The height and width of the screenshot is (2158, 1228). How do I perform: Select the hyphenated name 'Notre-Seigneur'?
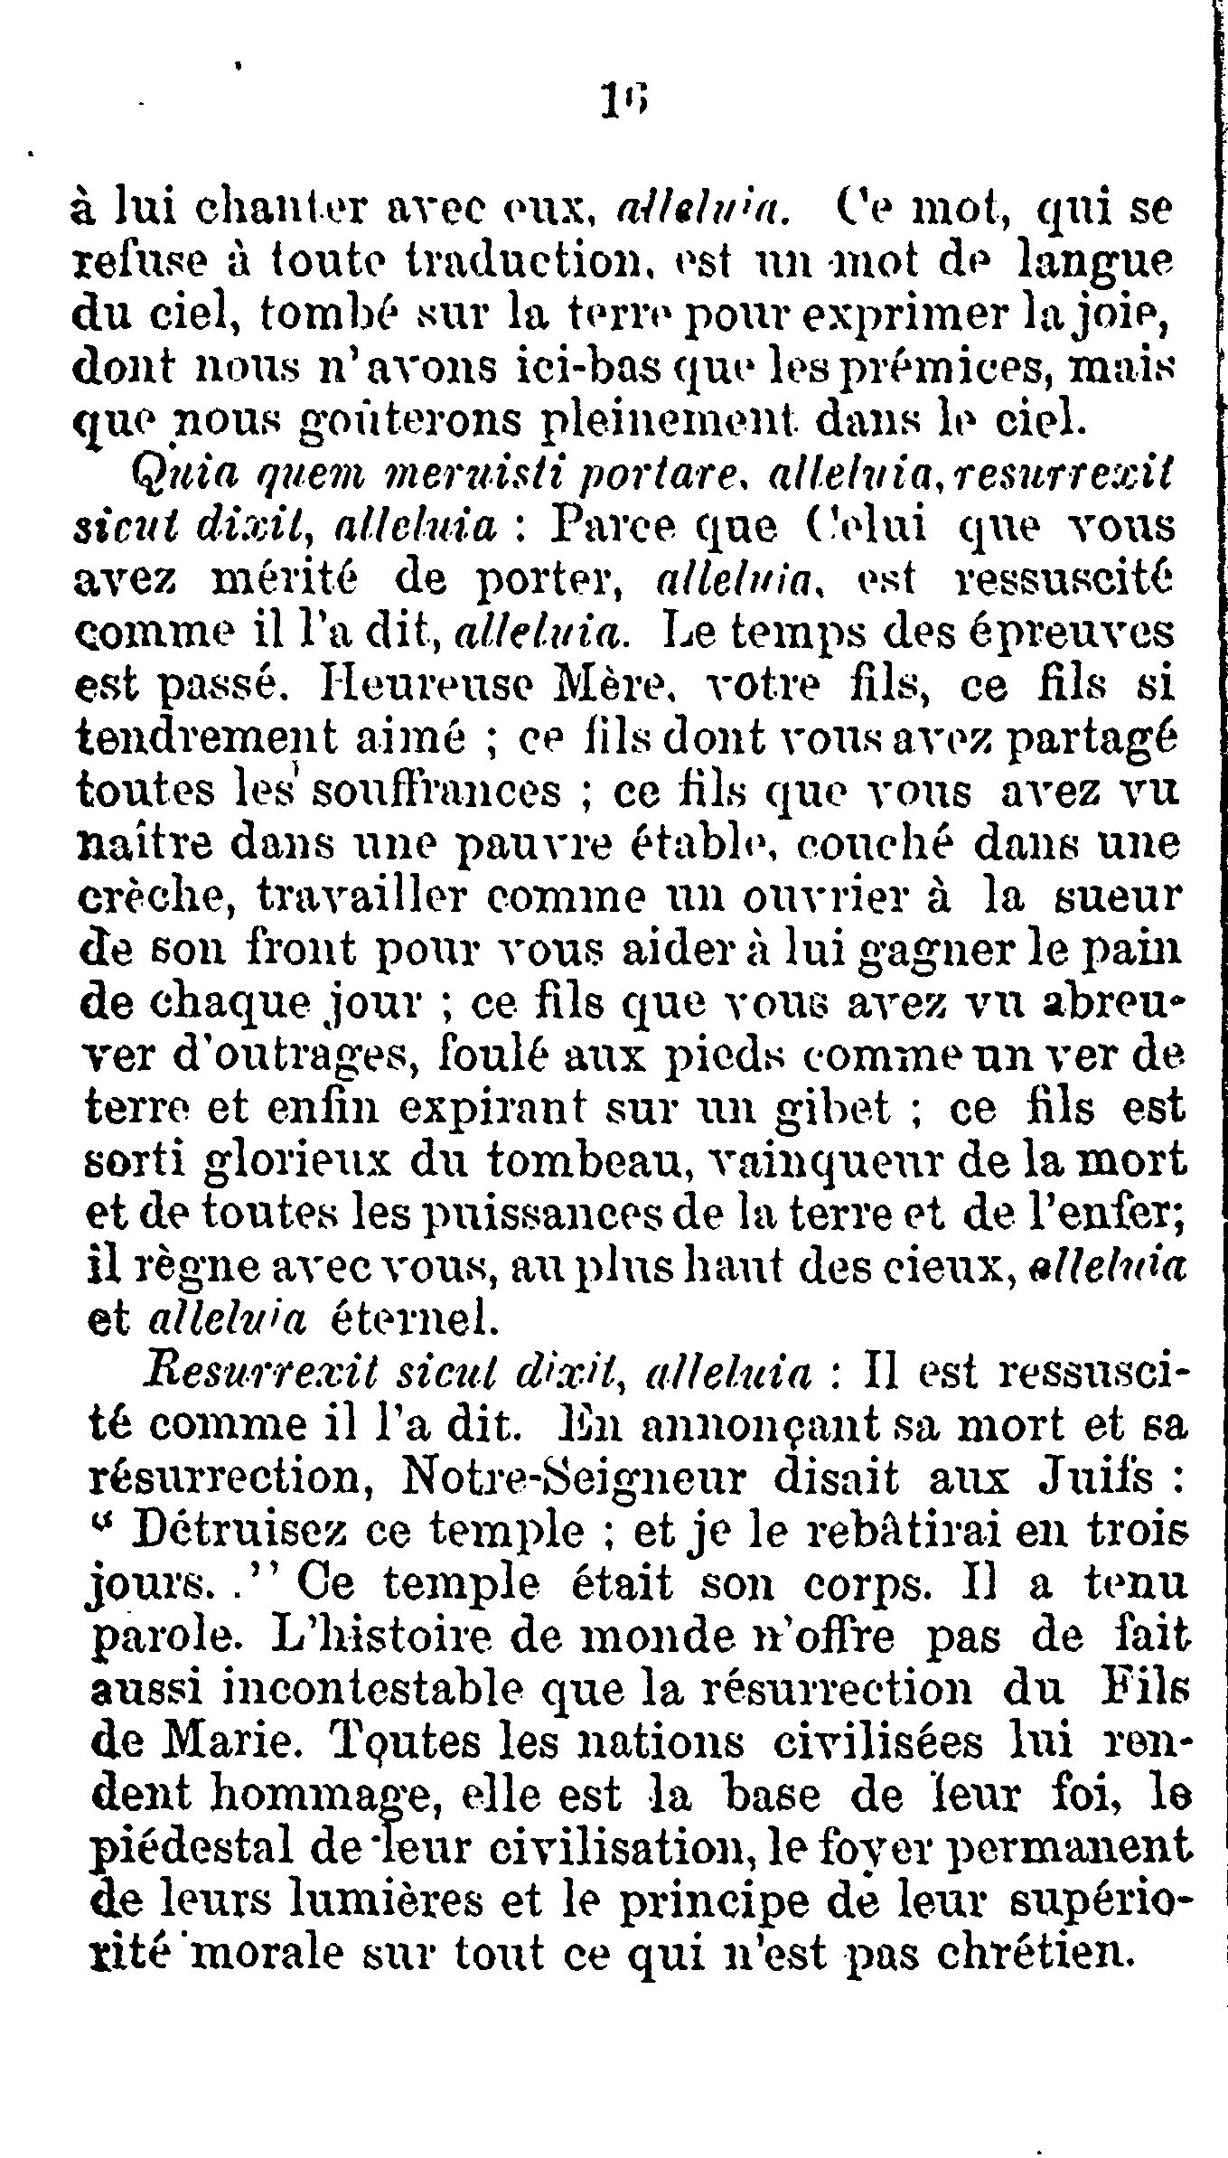[577, 1480]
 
